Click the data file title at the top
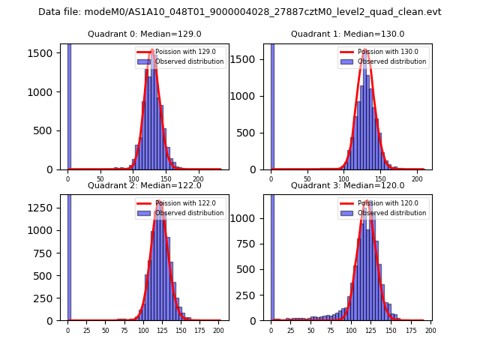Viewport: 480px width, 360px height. pyautogui.click(x=240, y=12)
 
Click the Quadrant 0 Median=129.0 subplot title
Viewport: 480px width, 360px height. pyautogui.click(x=145, y=34)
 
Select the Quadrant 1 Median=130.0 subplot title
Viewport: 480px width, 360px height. pyautogui.click(x=347, y=34)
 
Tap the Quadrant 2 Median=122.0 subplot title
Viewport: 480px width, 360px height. pyautogui.click(x=145, y=185)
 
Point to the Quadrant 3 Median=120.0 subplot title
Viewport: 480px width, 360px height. pyautogui.click(x=347, y=185)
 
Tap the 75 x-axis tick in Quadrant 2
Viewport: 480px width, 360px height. pyautogui.click(x=124, y=330)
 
